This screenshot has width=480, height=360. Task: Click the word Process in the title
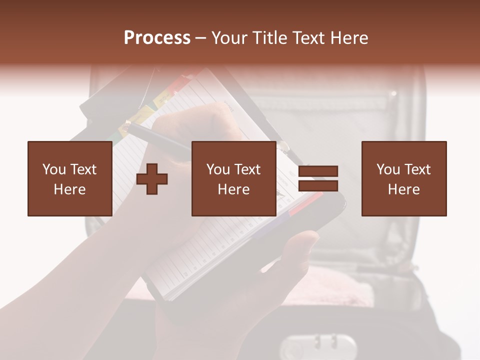pos(157,37)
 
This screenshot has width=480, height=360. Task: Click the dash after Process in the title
pos(201,38)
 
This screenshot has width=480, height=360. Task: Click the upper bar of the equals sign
pos(318,171)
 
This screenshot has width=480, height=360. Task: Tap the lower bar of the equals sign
pos(318,186)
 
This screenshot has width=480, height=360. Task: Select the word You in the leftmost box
pos(54,169)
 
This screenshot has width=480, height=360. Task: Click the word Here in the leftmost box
pos(69,189)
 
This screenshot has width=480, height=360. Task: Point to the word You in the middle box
pos(218,169)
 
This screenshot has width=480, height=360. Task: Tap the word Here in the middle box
pos(233,189)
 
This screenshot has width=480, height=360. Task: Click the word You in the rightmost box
pos(388,169)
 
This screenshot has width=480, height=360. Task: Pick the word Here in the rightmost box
pos(403,189)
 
